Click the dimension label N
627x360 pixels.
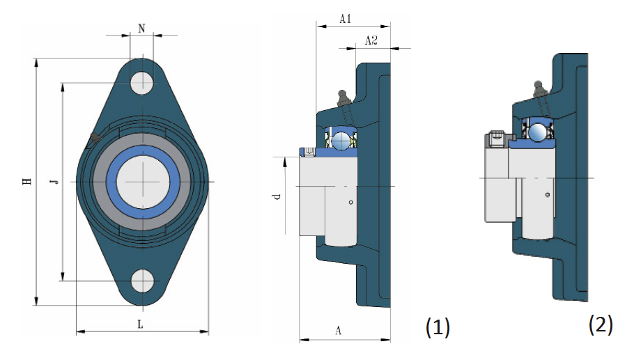[x=141, y=29]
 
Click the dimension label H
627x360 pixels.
[x=26, y=181]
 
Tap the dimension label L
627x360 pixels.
[x=140, y=324]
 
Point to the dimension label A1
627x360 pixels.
[x=346, y=19]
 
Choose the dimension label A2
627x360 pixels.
[x=371, y=40]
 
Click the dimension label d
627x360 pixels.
[x=277, y=196]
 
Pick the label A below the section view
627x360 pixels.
[x=339, y=331]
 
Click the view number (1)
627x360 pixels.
[x=438, y=327]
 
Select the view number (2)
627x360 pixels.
[x=601, y=324]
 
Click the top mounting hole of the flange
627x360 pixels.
[x=142, y=83]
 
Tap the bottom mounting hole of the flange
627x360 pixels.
[x=143, y=281]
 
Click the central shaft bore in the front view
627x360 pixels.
[x=143, y=182]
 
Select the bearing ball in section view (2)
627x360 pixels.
[x=538, y=132]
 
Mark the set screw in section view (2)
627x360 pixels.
[x=497, y=140]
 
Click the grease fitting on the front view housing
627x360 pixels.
[x=95, y=139]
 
